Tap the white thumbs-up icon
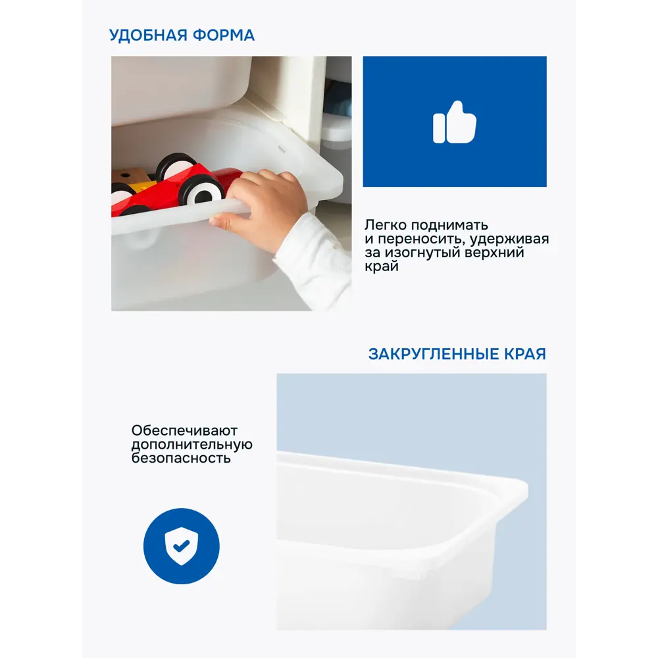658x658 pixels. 454,122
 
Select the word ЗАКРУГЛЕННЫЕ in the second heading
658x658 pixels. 430,354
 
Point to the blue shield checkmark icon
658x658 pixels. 181,545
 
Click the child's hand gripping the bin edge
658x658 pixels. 263,204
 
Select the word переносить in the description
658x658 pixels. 422,240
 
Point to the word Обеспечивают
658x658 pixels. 184,431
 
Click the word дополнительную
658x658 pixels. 191,445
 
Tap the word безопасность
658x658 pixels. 181,458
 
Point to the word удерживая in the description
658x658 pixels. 513,240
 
